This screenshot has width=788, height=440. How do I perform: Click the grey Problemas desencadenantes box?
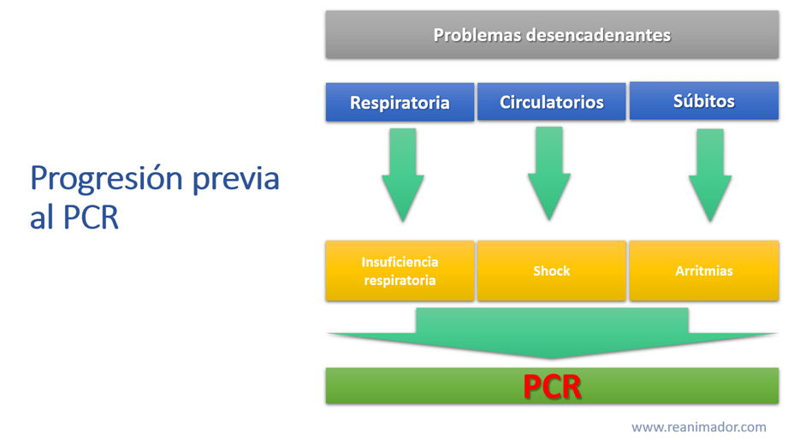[552, 35]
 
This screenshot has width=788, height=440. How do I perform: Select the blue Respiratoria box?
[400, 103]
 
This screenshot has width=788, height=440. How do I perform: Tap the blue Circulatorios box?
[551, 102]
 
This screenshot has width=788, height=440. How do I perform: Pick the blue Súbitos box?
[703, 101]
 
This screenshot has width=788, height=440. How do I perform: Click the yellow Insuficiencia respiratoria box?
[400, 271]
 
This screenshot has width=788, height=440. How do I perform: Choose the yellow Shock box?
[551, 271]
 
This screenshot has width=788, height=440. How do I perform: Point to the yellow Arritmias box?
[703, 271]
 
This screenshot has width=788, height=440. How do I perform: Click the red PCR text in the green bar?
[552, 387]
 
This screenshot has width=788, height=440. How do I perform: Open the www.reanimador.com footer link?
[698, 426]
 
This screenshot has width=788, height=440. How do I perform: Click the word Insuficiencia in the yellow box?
[400, 262]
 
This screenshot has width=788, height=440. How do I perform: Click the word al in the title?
[42, 217]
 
